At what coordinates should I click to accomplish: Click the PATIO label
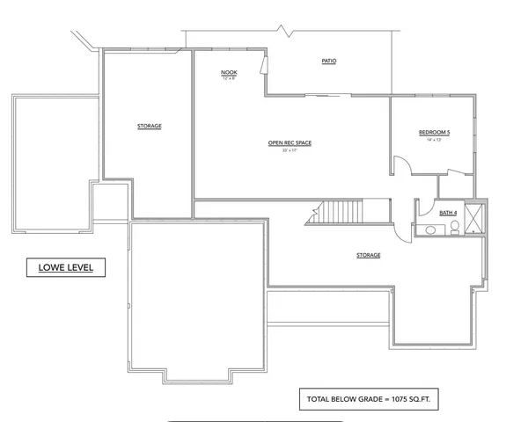pyautogui.click(x=328, y=61)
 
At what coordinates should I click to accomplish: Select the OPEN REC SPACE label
pyautogui.click(x=290, y=143)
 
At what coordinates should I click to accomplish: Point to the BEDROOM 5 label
pyautogui.click(x=434, y=133)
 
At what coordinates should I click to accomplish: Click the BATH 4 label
pyautogui.click(x=447, y=212)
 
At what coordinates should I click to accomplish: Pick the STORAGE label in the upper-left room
pyautogui.click(x=149, y=126)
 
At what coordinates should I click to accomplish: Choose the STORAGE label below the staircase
pyautogui.click(x=368, y=255)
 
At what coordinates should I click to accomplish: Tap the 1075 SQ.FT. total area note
pyautogui.click(x=369, y=398)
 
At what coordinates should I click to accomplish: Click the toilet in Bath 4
pyautogui.click(x=454, y=229)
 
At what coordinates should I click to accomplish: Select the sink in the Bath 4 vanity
pyautogui.click(x=429, y=230)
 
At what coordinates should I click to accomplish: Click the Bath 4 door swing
pyautogui.click(x=403, y=229)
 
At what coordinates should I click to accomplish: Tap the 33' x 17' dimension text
pyautogui.click(x=290, y=150)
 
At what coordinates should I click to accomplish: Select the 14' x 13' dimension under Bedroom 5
pyautogui.click(x=434, y=140)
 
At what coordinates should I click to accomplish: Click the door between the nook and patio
pyautogui.click(x=263, y=68)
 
